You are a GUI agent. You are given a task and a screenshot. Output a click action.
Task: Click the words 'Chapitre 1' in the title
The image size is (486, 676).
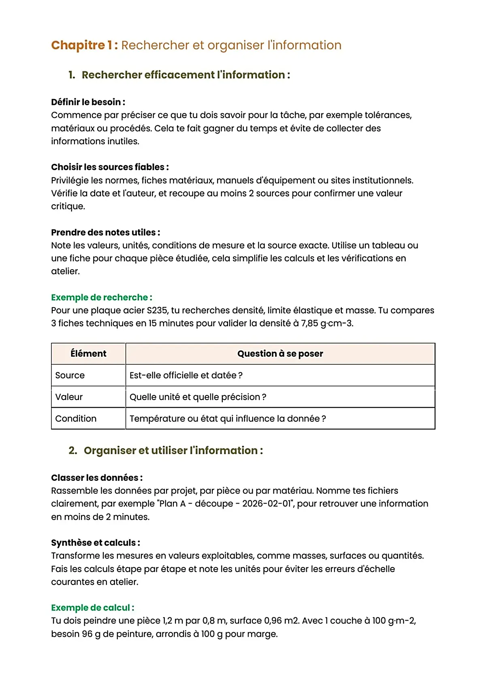click(x=84, y=45)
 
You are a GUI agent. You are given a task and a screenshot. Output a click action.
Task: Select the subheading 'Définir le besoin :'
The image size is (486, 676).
click(x=88, y=102)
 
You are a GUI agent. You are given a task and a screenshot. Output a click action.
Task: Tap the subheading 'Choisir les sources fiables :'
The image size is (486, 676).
click(x=110, y=167)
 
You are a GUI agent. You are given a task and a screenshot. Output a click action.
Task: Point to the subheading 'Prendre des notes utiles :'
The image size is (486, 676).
click(x=105, y=232)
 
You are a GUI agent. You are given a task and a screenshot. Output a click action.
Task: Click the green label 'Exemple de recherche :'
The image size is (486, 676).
click(x=102, y=298)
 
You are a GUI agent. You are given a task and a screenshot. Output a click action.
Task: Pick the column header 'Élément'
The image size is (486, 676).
click(x=88, y=354)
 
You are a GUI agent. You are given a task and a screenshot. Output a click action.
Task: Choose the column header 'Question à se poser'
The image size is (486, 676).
click(x=280, y=354)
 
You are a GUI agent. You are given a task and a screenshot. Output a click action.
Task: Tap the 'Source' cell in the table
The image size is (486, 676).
click(x=70, y=375)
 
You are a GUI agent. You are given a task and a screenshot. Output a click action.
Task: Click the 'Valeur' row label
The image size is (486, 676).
click(x=69, y=397)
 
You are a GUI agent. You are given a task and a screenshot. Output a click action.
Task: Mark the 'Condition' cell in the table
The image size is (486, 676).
click(x=76, y=419)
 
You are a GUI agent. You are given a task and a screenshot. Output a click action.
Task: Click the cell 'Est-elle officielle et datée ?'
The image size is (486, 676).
click(x=186, y=375)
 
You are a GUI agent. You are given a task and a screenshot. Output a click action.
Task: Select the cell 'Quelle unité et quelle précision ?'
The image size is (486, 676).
click(x=198, y=397)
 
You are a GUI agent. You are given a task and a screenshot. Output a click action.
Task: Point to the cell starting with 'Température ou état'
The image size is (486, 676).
click(x=228, y=419)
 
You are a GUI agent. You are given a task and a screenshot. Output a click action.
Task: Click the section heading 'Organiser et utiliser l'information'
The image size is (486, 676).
click(x=173, y=451)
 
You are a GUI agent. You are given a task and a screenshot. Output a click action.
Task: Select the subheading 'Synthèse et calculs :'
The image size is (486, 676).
click(x=96, y=543)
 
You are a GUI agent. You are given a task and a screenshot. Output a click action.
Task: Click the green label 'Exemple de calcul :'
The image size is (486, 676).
click(x=93, y=608)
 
